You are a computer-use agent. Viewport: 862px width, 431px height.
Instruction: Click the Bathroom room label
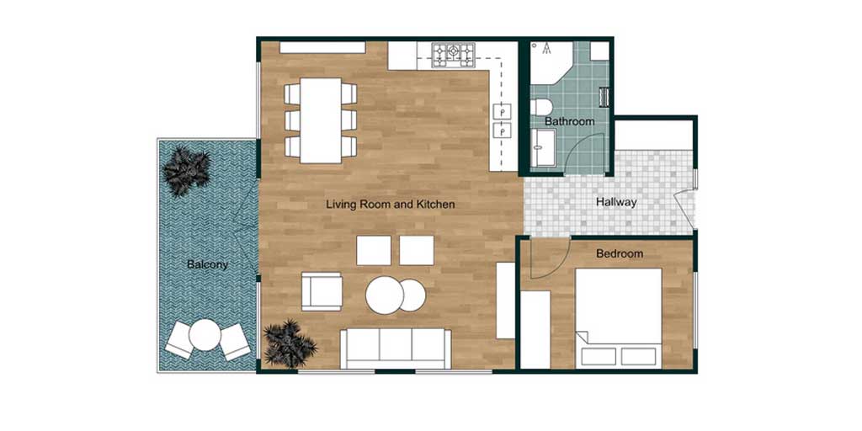click(x=570, y=121)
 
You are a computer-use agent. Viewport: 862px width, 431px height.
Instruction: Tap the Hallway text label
click(x=616, y=202)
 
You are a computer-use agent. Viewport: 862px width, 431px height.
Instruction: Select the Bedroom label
click(x=620, y=254)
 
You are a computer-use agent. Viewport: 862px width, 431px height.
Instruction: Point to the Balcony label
click(x=207, y=264)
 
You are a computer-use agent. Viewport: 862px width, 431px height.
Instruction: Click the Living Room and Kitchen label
click(x=391, y=205)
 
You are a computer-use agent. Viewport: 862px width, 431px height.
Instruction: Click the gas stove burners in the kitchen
click(x=453, y=56)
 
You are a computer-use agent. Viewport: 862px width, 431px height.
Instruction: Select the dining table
click(x=321, y=120)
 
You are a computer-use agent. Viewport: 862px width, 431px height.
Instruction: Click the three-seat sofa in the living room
click(x=396, y=349)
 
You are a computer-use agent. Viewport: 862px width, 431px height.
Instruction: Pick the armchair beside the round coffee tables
click(x=322, y=291)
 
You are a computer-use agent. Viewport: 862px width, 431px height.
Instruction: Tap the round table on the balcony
click(x=205, y=335)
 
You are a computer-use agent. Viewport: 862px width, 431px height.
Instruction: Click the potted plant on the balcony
click(x=187, y=170)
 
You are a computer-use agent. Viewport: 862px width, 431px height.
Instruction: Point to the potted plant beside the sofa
click(x=290, y=343)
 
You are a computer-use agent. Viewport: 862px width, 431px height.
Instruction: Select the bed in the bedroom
click(x=619, y=317)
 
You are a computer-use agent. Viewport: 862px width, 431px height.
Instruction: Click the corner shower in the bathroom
click(x=551, y=62)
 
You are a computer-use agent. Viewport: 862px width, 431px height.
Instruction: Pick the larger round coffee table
click(x=385, y=295)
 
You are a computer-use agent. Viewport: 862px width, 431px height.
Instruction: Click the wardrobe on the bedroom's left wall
click(x=535, y=329)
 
